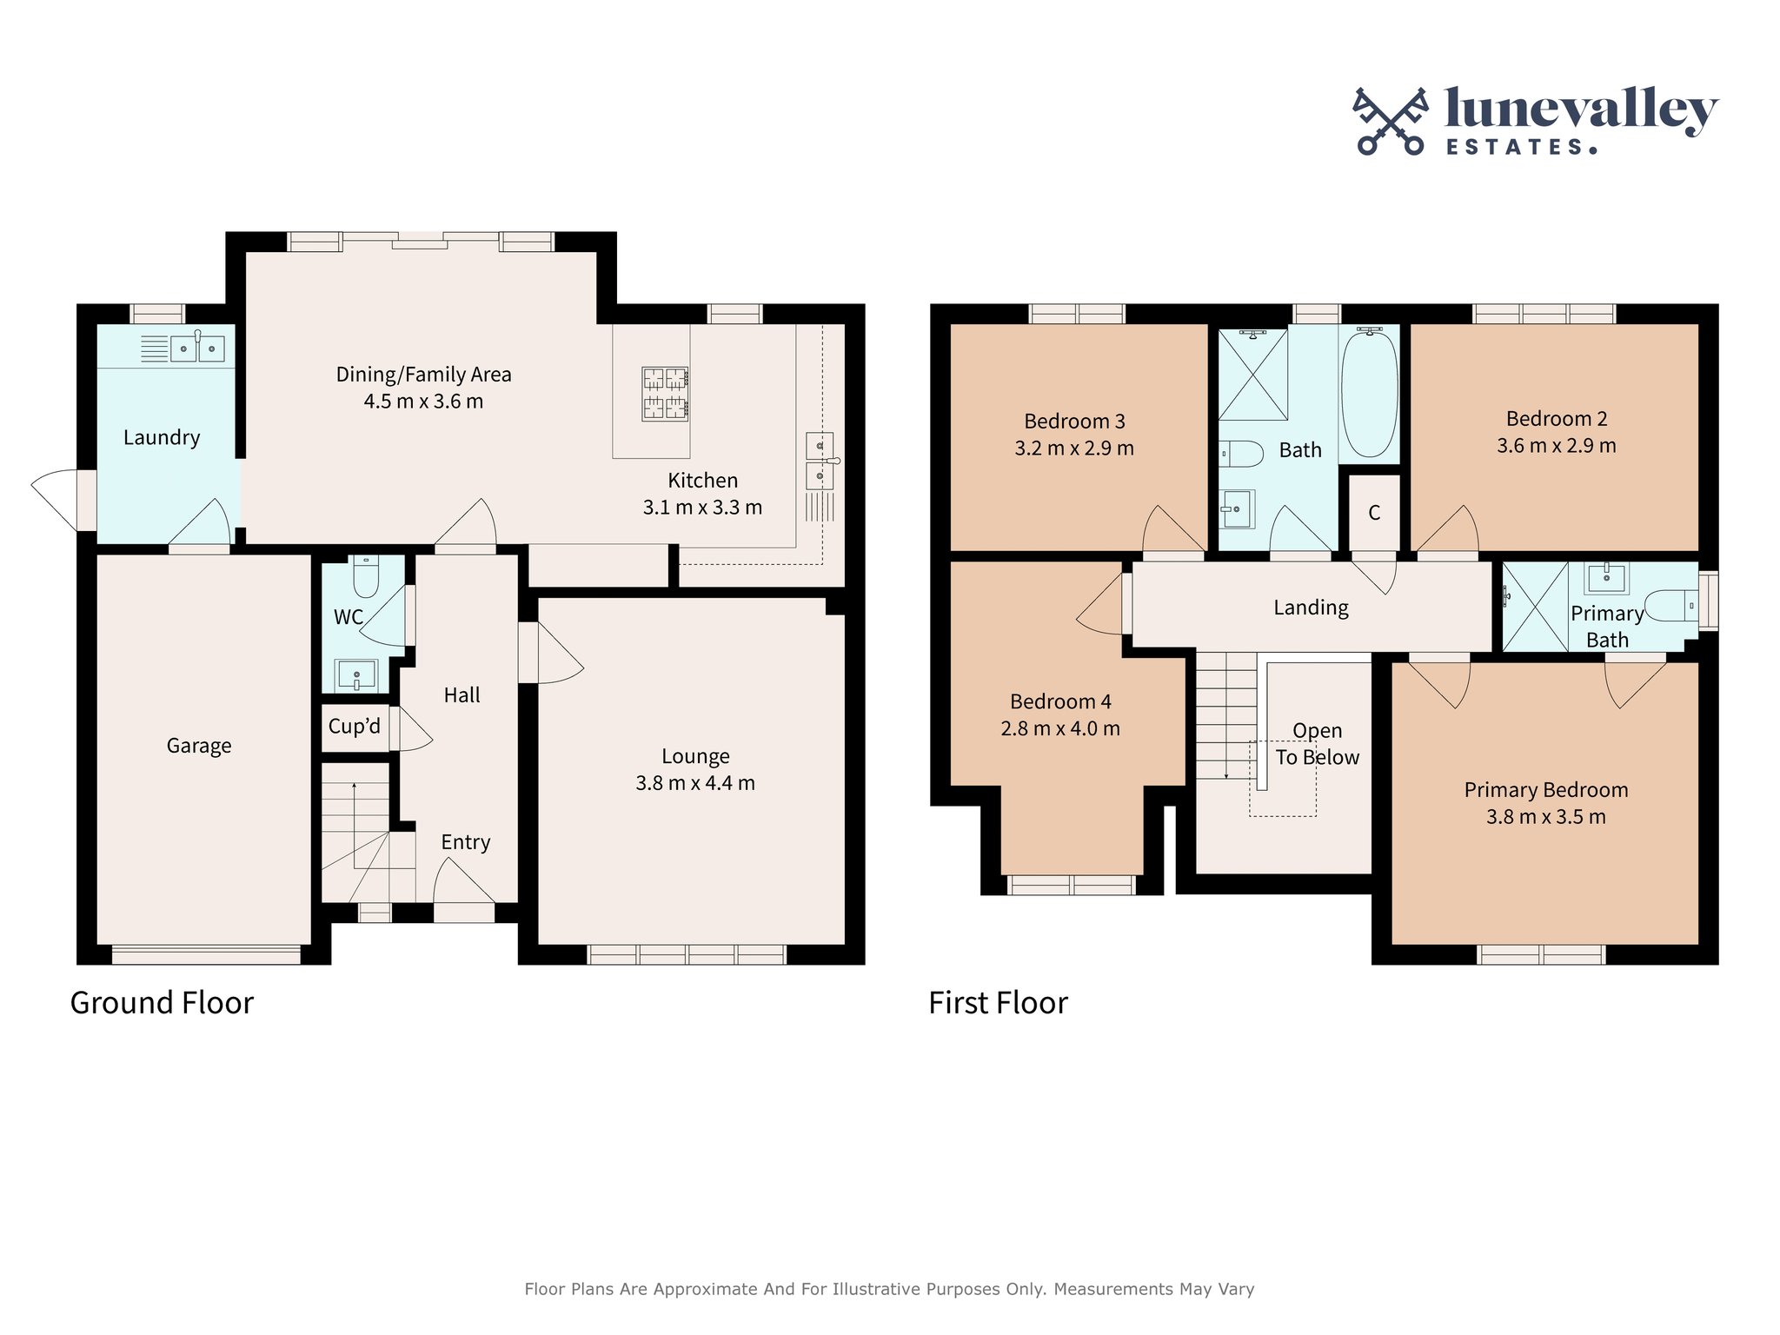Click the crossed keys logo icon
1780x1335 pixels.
[1391, 122]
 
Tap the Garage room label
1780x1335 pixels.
[199, 746]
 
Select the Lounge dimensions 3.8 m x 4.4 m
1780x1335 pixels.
[695, 783]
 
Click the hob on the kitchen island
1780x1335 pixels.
[666, 394]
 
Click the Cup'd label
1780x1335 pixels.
[354, 727]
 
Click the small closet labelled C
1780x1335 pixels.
[1374, 513]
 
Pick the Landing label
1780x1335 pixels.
[1311, 608]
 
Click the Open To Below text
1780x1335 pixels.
[1317, 744]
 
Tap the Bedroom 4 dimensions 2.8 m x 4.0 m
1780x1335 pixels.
[1060, 729]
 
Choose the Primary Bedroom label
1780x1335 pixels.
[1545, 790]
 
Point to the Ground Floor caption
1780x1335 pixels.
[162, 1003]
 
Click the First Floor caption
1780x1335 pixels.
[998, 1003]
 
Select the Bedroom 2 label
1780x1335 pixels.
[1556, 419]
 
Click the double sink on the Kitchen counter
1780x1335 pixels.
[820, 462]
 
